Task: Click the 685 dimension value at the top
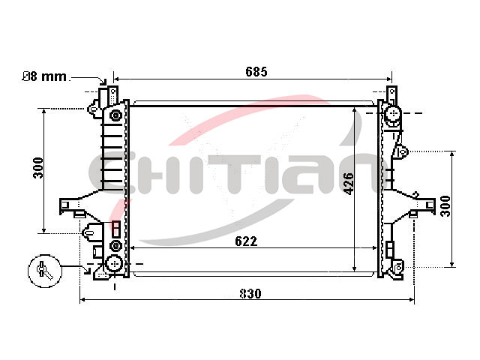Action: (x=256, y=72)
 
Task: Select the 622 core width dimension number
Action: (x=246, y=241)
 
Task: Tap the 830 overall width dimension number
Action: (x=250, y=293)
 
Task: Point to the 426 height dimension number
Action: (x=349, y=184)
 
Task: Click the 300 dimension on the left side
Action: (x=38, y=168)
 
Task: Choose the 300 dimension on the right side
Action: (x=445, y=206)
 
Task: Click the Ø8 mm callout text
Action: (x=45, y=76)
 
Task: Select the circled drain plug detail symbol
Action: (x=45, y=271)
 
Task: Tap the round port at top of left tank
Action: (x=115, y=115)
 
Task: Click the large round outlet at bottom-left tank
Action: (x=114, y=263)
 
